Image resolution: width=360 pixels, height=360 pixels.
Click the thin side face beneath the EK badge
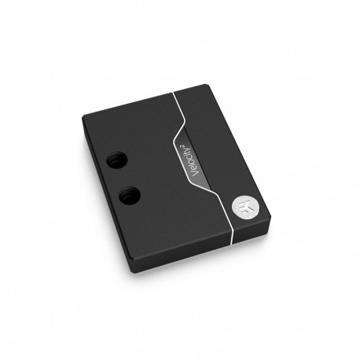(x=252, y=235)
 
